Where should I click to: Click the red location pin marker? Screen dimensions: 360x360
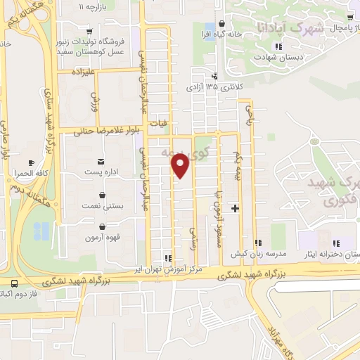tap(180, 166)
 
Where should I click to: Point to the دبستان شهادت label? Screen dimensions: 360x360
tap(279, 58)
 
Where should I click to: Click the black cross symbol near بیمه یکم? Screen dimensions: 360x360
tap(235, 207)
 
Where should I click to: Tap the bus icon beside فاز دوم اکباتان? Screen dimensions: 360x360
tap(13, 283)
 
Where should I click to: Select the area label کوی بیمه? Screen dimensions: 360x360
tap(184, 151)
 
